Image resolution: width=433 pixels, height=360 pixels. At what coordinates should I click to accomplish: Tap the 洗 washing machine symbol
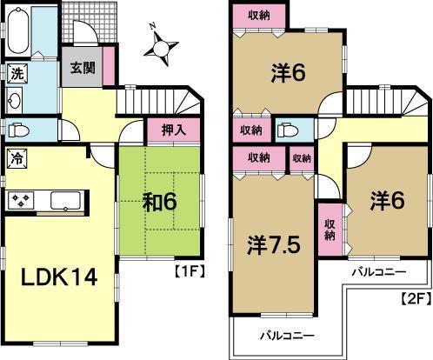click(x=17, y=75)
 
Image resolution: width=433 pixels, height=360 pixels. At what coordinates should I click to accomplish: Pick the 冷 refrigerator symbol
click(x=17, y=158)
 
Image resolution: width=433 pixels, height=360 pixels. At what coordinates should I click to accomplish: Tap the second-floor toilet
click(x=288, y=131)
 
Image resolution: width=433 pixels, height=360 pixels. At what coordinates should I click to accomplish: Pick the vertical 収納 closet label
click(x=330, y=229)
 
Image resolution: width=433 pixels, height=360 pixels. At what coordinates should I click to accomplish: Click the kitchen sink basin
click(x=66, y=202)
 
